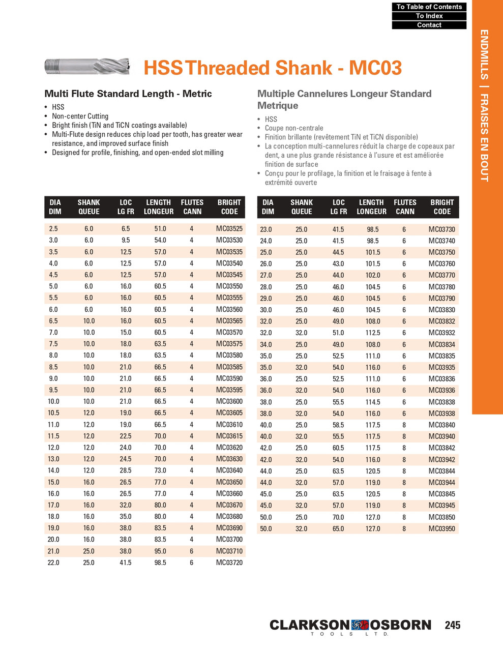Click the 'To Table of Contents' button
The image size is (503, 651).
[x=429, y=7]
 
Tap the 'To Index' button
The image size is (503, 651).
[x=429, y=16]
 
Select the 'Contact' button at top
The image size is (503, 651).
[x=429, y=25]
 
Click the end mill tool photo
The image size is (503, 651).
[x=87, y=66]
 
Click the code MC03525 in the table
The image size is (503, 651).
[x=229, y=229]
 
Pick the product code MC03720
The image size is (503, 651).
[x=229, y=563]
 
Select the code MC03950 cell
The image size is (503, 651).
[x=441, y=529]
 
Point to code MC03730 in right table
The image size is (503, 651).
[x=441, y=229]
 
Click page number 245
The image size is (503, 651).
[x=452, y=625]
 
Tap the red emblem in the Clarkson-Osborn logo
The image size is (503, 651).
[x=360, y=625]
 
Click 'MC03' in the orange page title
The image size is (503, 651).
[x=375, y=68]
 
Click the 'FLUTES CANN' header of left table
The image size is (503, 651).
[x=192, y=207]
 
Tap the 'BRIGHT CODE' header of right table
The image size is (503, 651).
[x=441, y=207]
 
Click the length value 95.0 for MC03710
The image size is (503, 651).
[x=160, y=551]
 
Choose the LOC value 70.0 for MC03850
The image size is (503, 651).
[x=338, y=517]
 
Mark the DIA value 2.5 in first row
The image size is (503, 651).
[x=53, y=229]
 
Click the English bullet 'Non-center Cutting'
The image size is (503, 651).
[x=80, y=116]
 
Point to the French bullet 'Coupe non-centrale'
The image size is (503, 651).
[x=293, y=128]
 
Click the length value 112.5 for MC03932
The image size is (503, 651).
[x=373, y=333]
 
